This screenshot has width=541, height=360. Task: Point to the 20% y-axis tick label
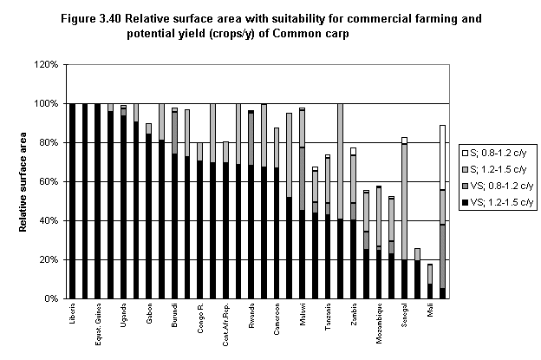(x=48, y=259)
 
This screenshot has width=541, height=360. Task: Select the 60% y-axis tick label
(x=48, y=181)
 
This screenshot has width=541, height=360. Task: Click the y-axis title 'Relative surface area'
(x=20, y=182)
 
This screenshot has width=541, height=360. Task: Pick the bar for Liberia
(x=72, y=200)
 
